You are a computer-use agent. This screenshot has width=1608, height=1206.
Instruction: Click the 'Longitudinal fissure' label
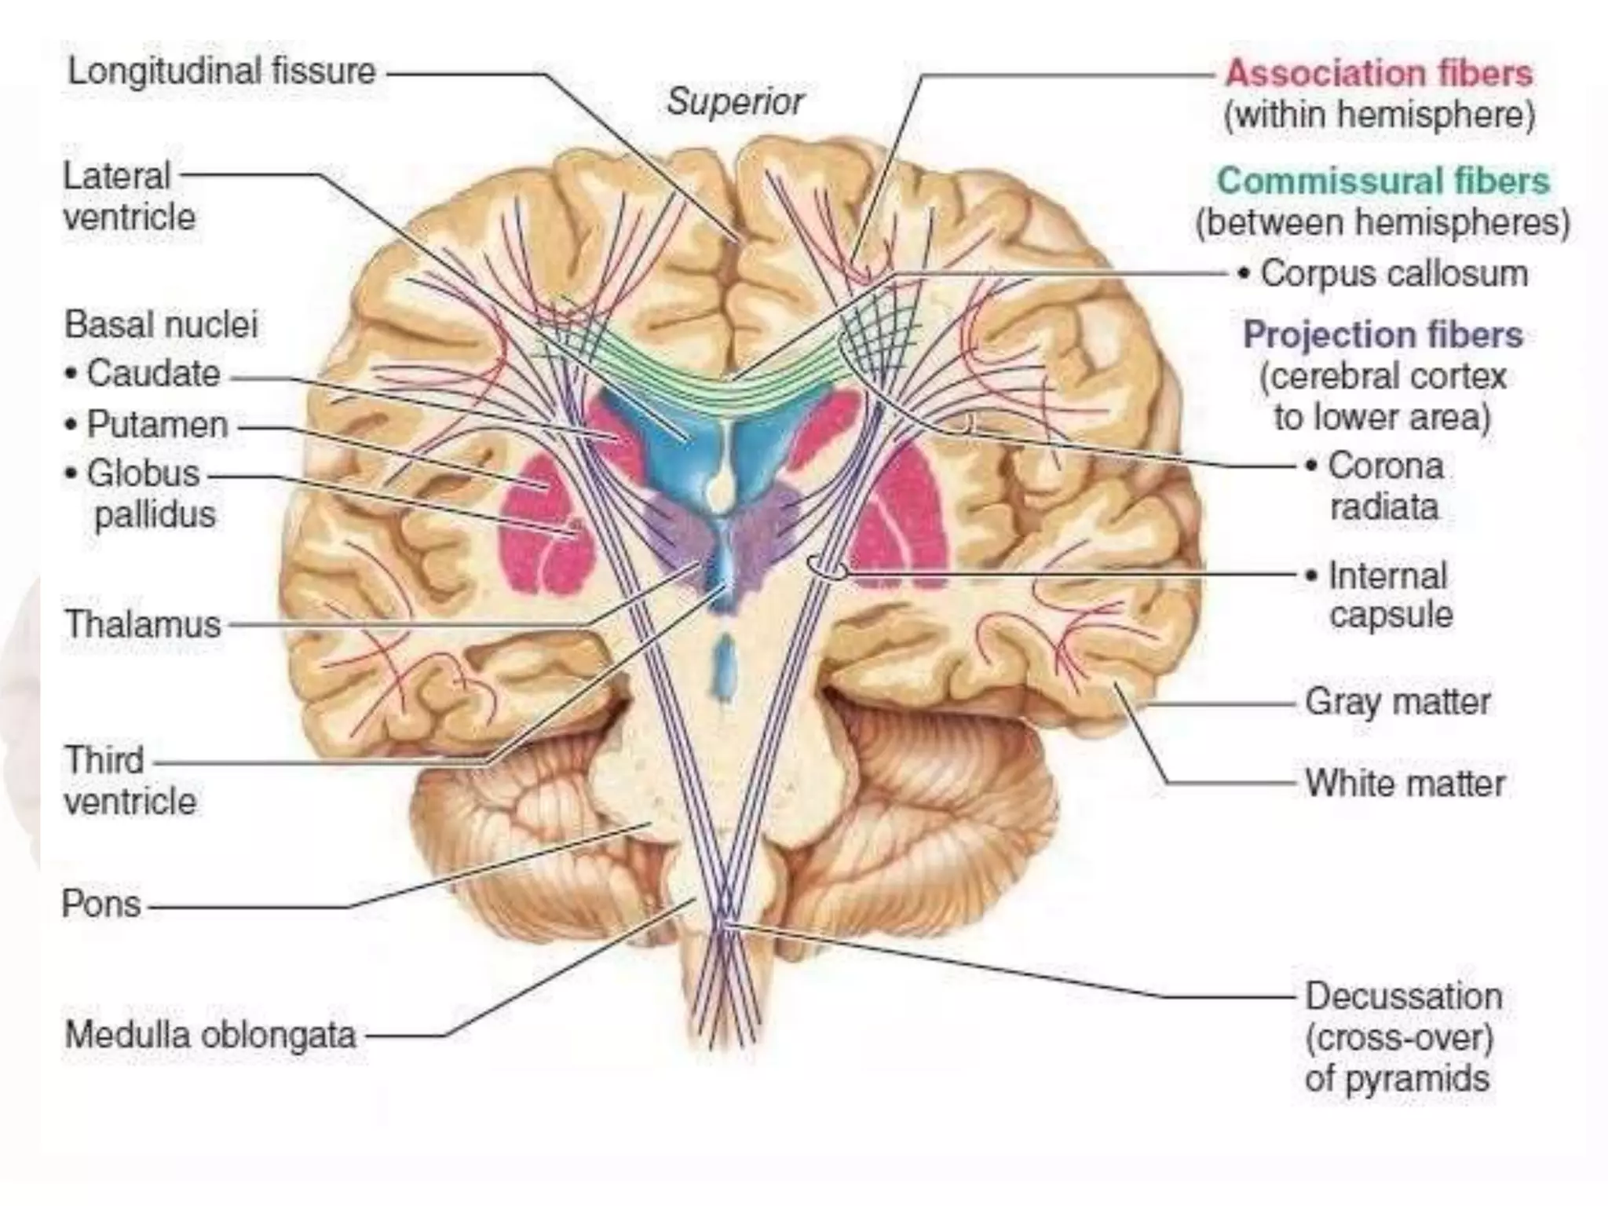coord(222,71)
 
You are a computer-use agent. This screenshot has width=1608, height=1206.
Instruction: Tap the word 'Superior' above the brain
coord(736,101)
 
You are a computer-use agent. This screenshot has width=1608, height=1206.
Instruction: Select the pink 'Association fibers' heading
coord(1379,73)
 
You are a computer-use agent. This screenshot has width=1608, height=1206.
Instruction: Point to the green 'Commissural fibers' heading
coord(1383,181)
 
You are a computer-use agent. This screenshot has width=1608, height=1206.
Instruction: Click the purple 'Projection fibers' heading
coord(1383,334)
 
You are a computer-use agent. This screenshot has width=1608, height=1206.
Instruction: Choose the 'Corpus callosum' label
coord(1394,274)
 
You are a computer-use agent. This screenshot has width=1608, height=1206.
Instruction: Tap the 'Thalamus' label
coord(143,624)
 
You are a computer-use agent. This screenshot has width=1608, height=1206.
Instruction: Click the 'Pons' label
coord(102,904)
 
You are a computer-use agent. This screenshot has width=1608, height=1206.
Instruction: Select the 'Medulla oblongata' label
coord(210,1034)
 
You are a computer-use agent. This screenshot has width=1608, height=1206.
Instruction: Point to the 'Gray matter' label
coord(1398,701)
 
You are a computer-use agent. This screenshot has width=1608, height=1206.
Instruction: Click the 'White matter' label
coord(1405,783)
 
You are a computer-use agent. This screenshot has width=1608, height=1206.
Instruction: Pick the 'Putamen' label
coord(157,425)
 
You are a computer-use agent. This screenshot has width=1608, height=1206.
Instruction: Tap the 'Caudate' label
coord(153,374)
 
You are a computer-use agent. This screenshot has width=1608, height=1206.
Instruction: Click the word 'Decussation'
coord(1404,996)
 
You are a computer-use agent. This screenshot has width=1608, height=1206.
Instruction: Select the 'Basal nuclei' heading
coord(161,324)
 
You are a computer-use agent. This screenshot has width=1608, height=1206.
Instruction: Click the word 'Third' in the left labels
coord(104,760)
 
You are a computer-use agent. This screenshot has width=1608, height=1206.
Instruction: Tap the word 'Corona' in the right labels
coord(1386,466)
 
